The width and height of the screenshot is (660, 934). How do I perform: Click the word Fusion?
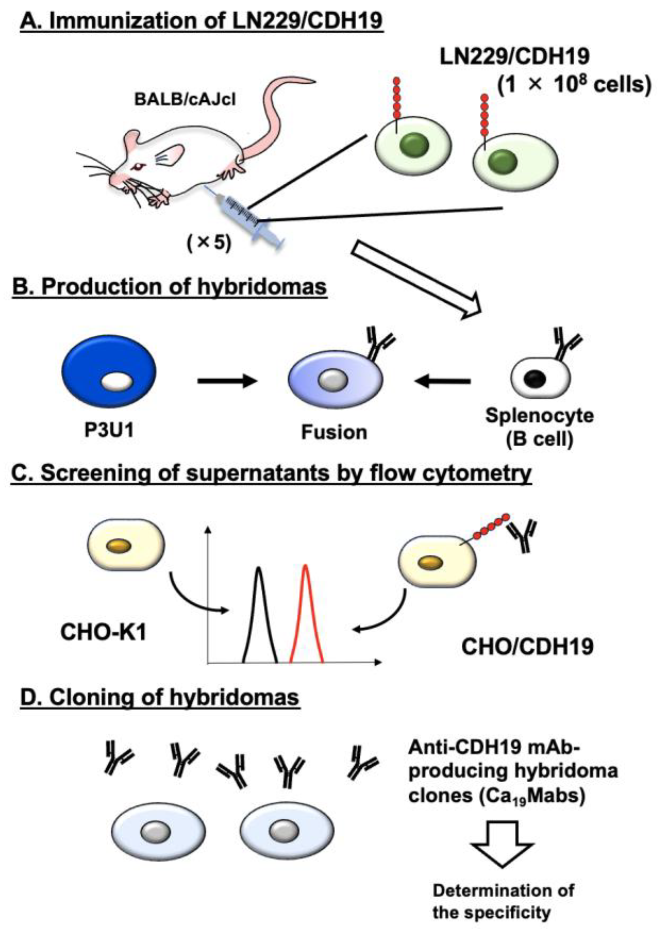[334, 432]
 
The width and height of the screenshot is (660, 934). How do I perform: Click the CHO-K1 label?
[103, 633]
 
